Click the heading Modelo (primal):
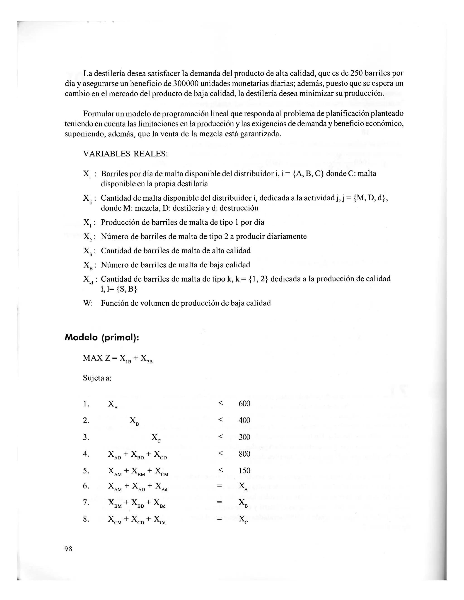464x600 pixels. [x=102, y=338]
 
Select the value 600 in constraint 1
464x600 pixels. [x=244, y=403]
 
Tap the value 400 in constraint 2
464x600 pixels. [x=244, y=420]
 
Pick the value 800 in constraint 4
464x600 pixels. [x=244, y=454]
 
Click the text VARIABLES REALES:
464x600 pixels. [x=125, y=154]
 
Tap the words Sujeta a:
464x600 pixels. [x=97, y=378]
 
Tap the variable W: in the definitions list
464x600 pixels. [x=88, y=303]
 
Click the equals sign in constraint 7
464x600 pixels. [x=219, y=502]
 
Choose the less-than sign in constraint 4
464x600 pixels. [x=220, y=453]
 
